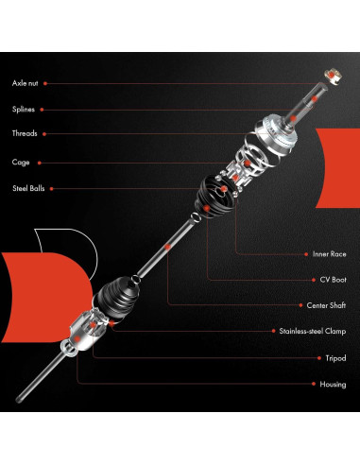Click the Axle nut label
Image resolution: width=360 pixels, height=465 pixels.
[27, 83]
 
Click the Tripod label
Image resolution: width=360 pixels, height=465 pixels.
[333, 358]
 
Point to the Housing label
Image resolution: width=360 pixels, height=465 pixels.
[330, 384]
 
